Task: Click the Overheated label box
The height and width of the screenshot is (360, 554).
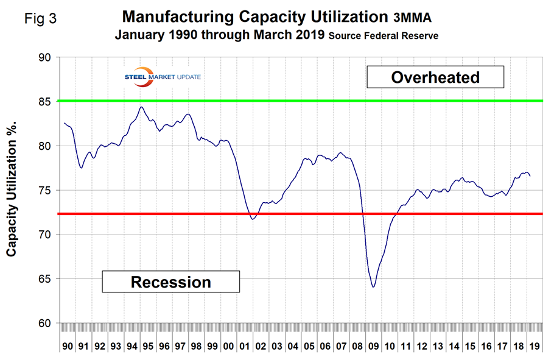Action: [x=435, y=77]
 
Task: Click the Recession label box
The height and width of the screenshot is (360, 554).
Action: [x=171, y=282]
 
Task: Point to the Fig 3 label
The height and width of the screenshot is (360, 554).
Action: [x=41, y=18]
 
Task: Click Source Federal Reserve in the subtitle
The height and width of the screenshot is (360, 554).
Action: [x=383, y=36]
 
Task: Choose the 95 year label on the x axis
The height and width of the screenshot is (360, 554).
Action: [x=147, y=347]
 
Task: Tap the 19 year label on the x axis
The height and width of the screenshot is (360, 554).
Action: [x=532, y=347]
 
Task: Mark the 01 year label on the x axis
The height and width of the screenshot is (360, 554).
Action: [x=244, y=347]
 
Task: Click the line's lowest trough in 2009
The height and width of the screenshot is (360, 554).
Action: [x=373, y=287]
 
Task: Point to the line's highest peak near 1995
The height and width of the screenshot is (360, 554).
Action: [x=141, y=107]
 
